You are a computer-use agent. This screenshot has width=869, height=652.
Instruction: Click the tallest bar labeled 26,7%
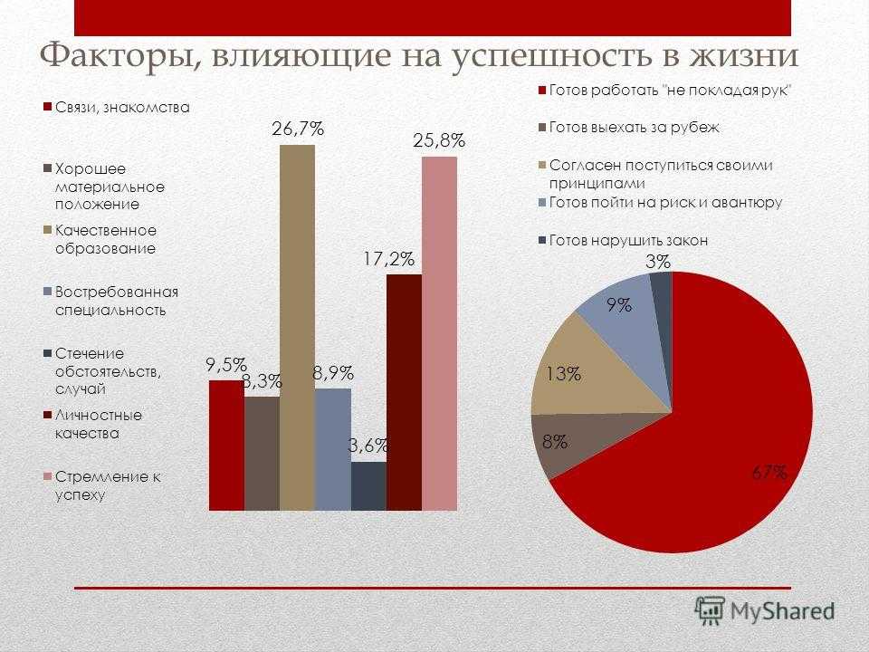tap(298, 327)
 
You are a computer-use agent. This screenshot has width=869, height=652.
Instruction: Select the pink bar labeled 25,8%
tap(440, 333)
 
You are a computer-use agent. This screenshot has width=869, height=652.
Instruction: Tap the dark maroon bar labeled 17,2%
tap(404, 392)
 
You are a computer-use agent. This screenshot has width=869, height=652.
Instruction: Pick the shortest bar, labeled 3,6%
tap(368, 485)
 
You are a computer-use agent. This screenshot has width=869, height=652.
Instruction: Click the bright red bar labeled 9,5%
tap(226, 446)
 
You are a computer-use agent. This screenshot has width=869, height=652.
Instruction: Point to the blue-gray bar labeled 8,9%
tap(333, 449)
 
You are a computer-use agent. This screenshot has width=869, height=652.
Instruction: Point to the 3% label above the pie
tap(658, 262)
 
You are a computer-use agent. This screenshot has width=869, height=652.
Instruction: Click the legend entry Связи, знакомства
tap(117, 107)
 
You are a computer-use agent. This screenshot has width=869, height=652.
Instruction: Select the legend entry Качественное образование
tap(100, 239)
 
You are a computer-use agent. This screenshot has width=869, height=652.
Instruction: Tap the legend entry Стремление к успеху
tap(102, 485)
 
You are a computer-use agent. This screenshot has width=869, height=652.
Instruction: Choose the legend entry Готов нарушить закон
tap(623, 241)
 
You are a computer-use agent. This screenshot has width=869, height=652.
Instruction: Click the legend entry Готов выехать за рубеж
tap(629, 128)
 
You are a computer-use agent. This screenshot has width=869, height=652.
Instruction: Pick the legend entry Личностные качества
tap(93, 424)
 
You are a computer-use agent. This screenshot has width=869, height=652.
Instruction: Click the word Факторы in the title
tap(118, 56)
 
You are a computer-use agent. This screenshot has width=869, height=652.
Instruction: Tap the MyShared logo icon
tap(710, 611)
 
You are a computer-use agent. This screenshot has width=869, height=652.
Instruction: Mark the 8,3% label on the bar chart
tap(263, 381)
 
